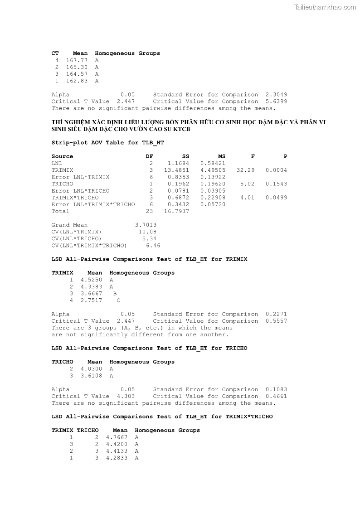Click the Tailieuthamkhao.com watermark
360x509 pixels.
[325, 7]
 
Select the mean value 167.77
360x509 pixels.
[77, 60]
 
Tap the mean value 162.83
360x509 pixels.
[77, 81]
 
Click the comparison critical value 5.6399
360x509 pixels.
[276, 102]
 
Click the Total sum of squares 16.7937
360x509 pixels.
[176, 211]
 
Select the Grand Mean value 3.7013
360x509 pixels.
[146, 225]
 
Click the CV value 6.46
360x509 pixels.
[153, 246]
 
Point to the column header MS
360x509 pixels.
[222, 156]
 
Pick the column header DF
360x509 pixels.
[149, 156]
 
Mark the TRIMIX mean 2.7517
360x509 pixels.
[91, 301]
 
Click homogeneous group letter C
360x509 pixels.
[118, 301]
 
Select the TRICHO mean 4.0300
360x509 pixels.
[91, 369]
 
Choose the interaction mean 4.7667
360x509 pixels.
[117, 437]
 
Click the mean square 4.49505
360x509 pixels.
[213, 170]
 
